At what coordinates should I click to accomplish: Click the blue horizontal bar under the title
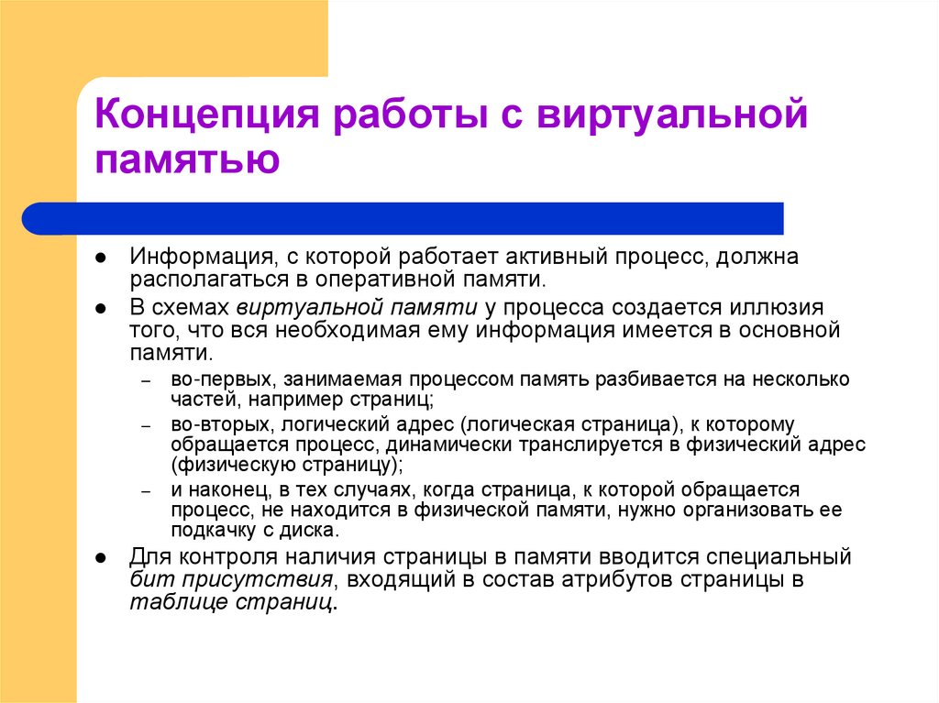(403, 218)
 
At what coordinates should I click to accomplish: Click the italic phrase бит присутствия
(230, 579)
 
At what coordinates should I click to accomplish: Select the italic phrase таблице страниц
(231, 602)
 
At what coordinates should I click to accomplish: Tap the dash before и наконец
(145, 491)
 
